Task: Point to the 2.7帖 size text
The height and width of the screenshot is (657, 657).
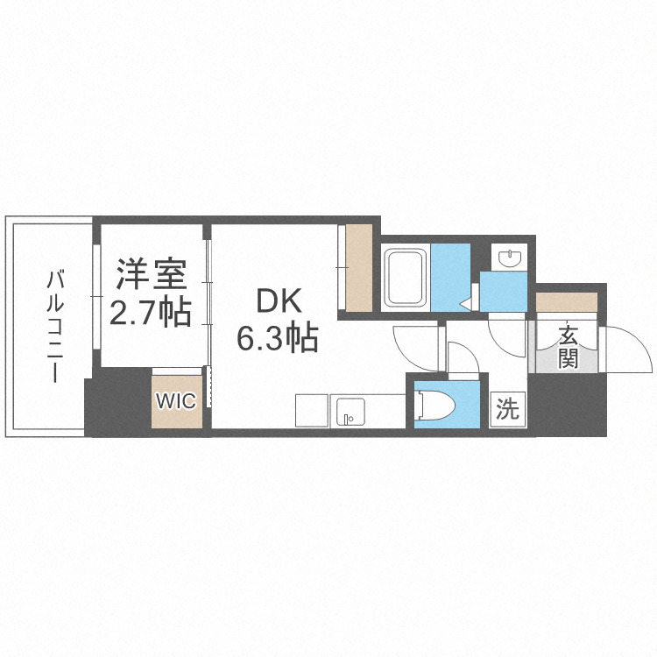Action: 151,312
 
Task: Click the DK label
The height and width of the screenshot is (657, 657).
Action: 278,302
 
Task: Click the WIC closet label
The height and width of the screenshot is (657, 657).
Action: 176,401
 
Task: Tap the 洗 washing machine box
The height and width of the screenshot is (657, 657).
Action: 508,409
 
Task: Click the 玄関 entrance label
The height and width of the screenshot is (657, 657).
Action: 568,346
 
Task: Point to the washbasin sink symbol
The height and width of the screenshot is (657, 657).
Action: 509,258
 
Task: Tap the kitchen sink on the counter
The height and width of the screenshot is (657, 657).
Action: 350,411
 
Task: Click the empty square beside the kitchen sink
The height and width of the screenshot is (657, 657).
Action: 311,411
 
